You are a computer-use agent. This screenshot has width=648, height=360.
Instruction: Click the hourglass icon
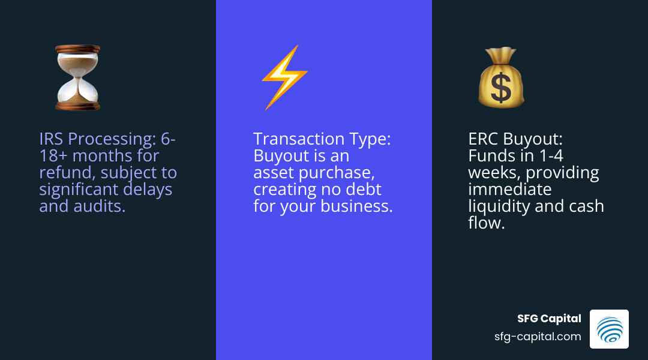[77, 77]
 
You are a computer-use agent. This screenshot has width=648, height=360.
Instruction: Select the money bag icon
[500, 77]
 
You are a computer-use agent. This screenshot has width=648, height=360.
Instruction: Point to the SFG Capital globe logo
[609, 329]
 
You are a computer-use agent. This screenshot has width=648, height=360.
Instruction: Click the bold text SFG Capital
[549, 319]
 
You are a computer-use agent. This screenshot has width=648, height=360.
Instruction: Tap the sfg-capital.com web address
[537, 337]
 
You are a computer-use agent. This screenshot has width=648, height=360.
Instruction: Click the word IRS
[51, 139]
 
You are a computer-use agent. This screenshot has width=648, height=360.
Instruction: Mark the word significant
[75, 190]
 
